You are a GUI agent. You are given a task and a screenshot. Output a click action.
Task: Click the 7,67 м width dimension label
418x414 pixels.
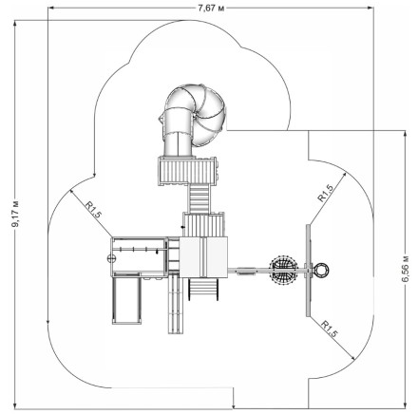click(x=211, y=9)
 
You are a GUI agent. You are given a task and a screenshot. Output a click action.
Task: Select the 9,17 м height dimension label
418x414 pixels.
click(x=15, y=214)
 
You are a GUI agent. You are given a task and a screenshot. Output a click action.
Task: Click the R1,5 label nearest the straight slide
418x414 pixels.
click(x=93, y=209)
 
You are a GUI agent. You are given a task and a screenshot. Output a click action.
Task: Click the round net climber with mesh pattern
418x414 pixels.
click(x=283, y=270)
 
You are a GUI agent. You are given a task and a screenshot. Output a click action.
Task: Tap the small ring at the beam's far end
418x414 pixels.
click(x=321, y=270)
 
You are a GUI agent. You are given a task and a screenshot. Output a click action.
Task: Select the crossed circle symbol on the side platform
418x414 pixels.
click(x=111, y=258)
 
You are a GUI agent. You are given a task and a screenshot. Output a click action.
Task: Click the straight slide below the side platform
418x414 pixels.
click(x=126, y=298)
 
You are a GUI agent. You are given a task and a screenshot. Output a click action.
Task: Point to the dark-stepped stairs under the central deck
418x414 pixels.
click(x=203, y=289)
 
